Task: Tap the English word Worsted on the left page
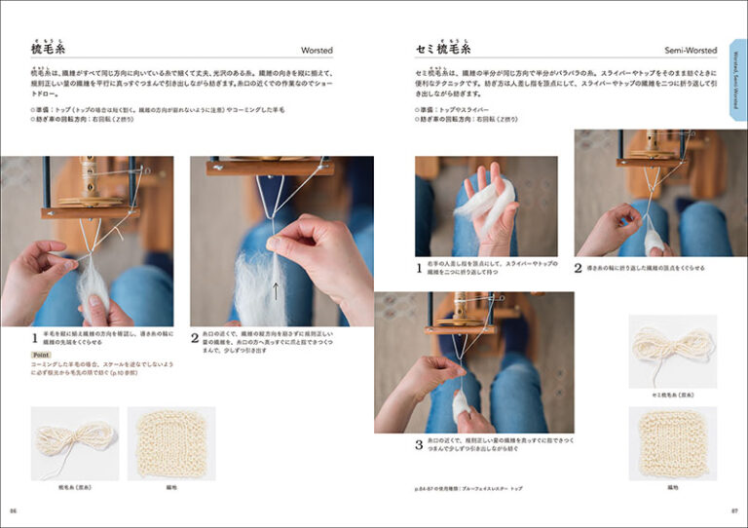point(317,50)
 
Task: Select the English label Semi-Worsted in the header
point(692,50)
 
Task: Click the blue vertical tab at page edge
point(737,89)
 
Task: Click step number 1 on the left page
point(34,338)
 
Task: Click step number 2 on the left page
point(195,338)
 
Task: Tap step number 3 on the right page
point(419,445)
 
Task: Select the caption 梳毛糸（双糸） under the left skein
point(75,486)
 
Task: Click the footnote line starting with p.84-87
point(468,487)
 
